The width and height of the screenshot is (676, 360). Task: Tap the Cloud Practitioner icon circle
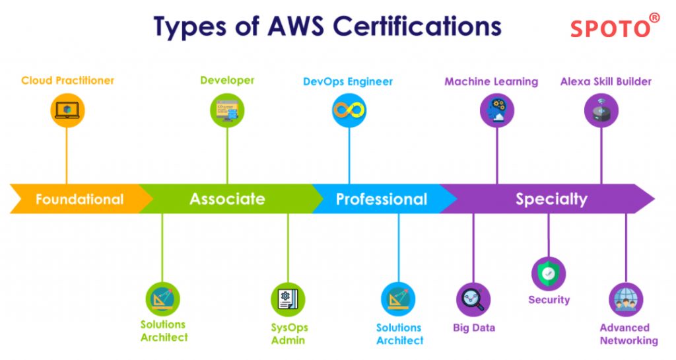[x=67, y=110]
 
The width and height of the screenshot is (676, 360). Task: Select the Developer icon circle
[x=227, y=110]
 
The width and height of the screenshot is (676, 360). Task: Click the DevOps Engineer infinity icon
[x=349, y=110]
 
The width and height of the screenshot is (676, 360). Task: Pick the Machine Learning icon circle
[x=496, y=110]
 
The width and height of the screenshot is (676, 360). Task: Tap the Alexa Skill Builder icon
[x=601, y=110]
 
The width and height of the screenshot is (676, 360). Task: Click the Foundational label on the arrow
[x=79, y=199]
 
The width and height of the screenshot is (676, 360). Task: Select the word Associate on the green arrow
[x=227, y=199]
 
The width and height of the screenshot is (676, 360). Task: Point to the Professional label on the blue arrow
[x=381, y=199]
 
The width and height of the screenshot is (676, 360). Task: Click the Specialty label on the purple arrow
[x=551, y=199]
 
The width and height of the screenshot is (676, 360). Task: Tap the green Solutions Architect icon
[x=162, y=299]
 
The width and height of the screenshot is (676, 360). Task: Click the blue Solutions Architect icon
[x=398, y=299]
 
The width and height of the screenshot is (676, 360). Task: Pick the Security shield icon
[x=548, y=273]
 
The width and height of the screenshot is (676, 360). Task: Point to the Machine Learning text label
[x=491, y=82]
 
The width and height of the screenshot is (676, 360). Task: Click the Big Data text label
[x=474, y=328]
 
